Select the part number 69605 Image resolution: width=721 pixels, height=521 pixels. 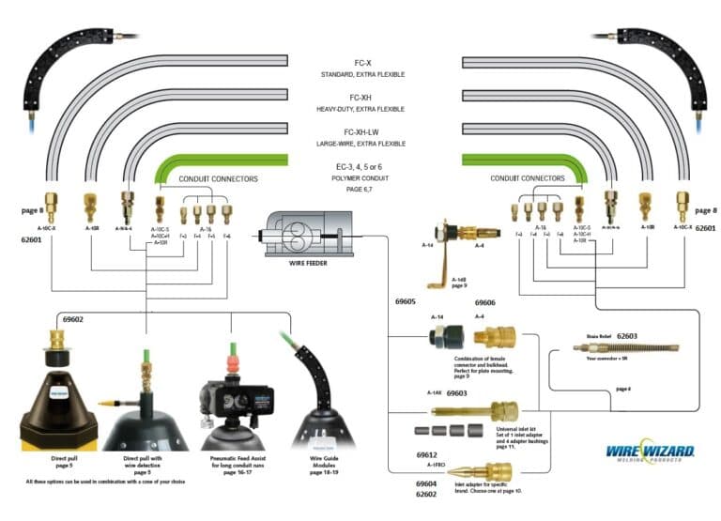coord(406,302)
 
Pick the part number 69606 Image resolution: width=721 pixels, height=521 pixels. coord(485,303)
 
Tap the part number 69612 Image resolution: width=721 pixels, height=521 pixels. coord(428,452)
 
